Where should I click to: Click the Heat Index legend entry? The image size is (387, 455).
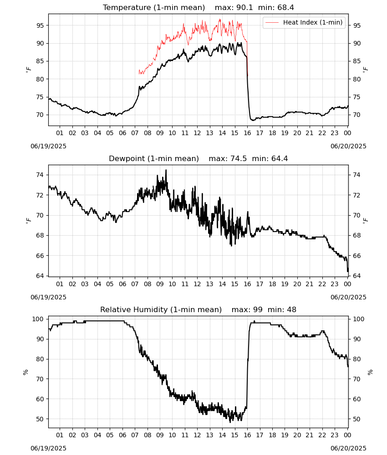304,22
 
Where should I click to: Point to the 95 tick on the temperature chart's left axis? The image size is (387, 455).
40,25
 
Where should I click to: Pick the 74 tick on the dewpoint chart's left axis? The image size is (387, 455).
40,175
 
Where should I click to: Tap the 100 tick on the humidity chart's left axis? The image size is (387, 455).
38,319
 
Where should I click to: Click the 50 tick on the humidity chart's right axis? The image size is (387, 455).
356,419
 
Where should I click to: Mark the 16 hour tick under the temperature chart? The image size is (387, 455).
247,133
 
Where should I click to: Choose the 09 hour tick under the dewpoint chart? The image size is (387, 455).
160,284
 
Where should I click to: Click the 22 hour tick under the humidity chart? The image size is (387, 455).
322,435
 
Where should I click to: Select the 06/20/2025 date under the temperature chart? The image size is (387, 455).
348,146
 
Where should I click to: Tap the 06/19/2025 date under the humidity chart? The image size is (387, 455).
48,448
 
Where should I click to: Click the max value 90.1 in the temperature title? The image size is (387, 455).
244,7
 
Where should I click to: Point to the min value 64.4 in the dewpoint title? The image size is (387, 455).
280,158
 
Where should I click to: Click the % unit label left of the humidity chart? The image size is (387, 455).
25,372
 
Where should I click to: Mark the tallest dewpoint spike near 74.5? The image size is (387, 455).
166,170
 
